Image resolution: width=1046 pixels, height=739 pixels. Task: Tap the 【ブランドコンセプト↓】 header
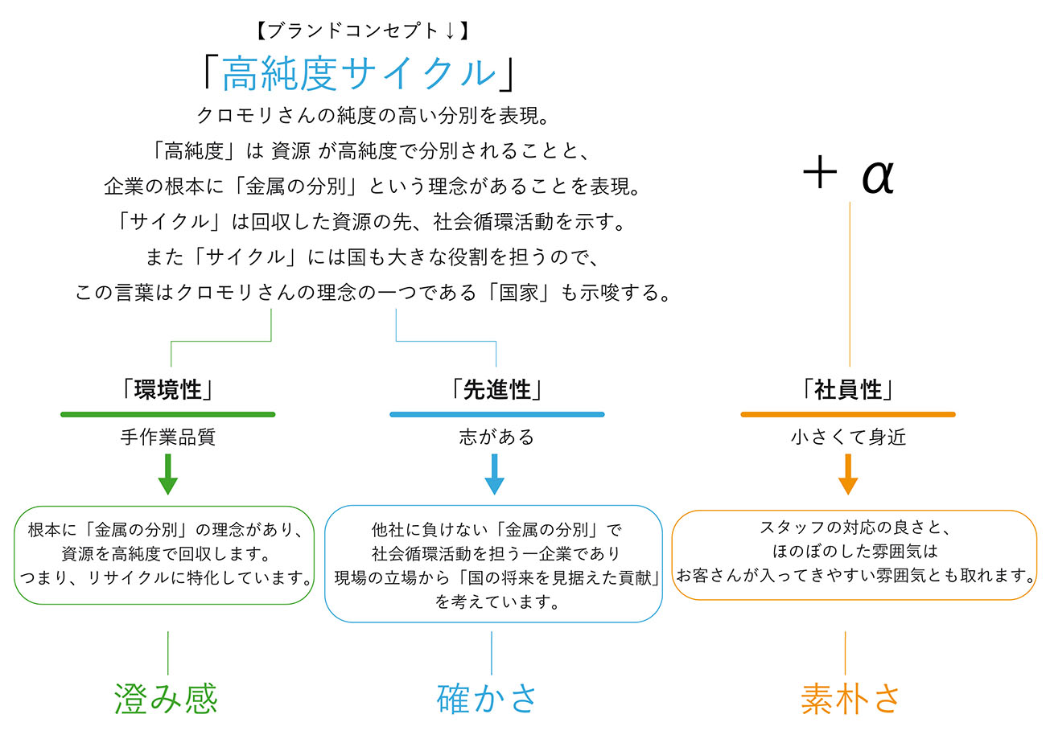pyautogui.click(x=359, y=31)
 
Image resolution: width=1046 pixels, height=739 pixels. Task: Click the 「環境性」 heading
pyautogui.click(x=167, y=390)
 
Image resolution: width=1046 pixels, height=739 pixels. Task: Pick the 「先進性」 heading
pyautogui.click(x=496, y=390)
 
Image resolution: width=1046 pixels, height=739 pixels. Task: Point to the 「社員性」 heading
pyautogui.click(x=848, y=390)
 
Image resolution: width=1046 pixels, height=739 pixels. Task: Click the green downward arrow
pyautogui.click(x=167, y=474)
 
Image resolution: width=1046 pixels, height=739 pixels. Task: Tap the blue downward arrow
pyautogui.click(x=495, y=474)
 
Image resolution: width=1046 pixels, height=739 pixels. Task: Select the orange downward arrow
pyautogui.click(x=847, y=474)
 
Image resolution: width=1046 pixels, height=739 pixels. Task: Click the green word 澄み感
pyautogui.click(x=167, y=698)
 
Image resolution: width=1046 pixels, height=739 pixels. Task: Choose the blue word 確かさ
pyautogui.click(x=488, y=698)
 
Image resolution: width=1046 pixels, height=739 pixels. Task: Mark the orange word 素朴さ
pyautogui.click(x=850, y=698)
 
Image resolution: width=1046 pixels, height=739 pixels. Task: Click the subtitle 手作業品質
pyautogui.click(x=167, y=437)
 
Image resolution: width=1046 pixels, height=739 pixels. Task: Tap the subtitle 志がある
pyautogui.click(x=496, y=437)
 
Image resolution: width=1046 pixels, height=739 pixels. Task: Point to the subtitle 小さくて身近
pyautogui.click(x=848, y=437)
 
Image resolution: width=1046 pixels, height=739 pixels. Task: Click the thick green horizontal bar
pyautogui.click(x=167, y=414)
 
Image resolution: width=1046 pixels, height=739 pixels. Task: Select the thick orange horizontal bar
pyautogui.click(x=848, y=414)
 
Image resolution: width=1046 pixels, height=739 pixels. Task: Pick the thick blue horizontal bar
pyautogui.click(x=496, y=414)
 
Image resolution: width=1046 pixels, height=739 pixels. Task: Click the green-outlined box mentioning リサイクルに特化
pyautogui.click(x=165, y=554)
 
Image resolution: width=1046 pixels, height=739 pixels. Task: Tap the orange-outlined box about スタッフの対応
pyautogui.click(x=854, y=554)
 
